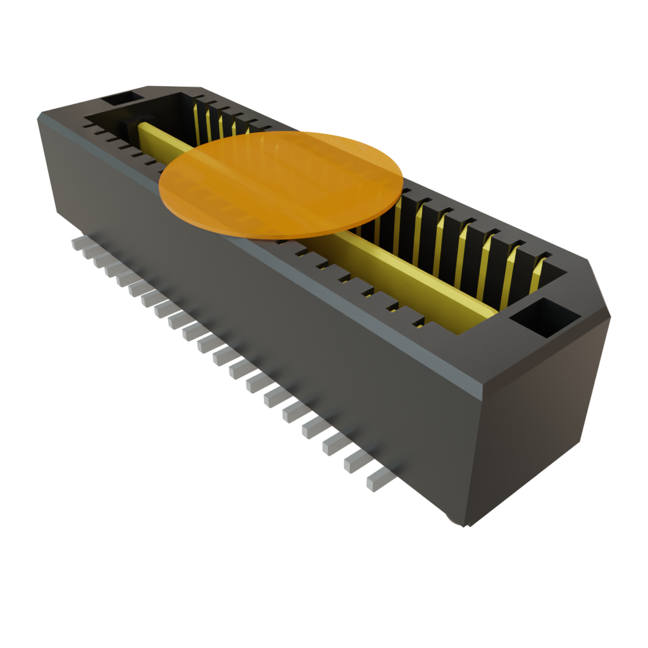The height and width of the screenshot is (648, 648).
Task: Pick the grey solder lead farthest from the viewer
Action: point(77,242)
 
